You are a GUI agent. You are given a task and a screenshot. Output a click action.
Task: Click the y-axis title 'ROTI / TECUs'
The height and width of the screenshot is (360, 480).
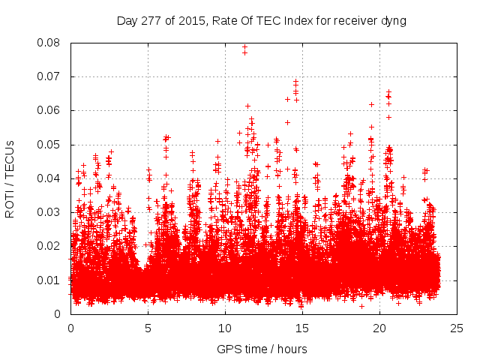pyautogui.click(x=10, y=178)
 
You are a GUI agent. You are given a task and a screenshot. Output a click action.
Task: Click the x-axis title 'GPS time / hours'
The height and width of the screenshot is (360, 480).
pyautogui.click(x=261, y=349)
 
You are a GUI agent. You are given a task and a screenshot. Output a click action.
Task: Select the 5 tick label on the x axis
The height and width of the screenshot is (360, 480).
pyautogui.click(x=148, y=328)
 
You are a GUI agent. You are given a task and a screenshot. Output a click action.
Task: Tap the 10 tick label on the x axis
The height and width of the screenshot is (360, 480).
pyautogui.click(x=225, y=328)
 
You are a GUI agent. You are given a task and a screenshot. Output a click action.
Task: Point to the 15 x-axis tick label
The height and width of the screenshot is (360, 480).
pyautogui.click(x=302, y=328)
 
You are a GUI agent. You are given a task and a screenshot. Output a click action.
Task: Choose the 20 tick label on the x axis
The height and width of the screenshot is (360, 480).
pyautogui.click(x=379, y=328)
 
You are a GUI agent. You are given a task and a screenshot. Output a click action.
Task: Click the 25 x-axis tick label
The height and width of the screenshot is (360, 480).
pyautogui.click(x=457, y=328)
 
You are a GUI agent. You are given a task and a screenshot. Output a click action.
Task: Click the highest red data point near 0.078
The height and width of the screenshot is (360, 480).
pyautogui.click(x=244, y=46)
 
